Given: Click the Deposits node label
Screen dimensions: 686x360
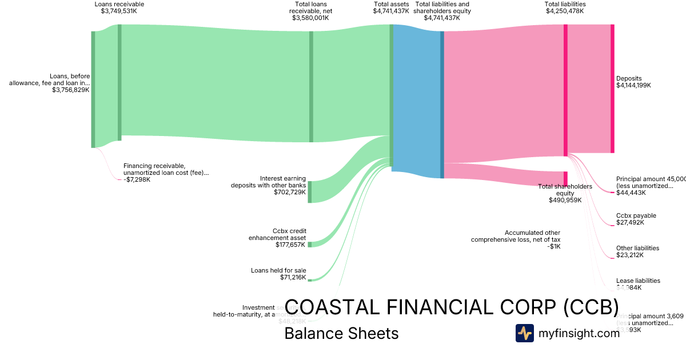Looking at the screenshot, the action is [x=629, y=78].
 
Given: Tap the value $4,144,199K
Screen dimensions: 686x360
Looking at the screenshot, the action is [x=633, y=85].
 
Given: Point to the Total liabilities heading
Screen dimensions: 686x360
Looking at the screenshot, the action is [x=565, y=4].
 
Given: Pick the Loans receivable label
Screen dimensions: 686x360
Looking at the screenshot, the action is [x=119, y=4].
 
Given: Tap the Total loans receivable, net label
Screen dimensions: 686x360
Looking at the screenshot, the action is [x=310, y=11].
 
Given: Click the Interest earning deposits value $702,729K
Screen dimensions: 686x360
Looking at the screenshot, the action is [x=290, y=192].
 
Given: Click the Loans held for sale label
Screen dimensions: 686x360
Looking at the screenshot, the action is [x=278, y=270].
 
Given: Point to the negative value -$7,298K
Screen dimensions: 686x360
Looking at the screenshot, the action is [x=137, y=179].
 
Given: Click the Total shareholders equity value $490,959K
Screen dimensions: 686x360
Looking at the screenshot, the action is [x=565, y=200].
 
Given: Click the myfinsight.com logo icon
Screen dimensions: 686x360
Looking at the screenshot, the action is [x=524, y=333].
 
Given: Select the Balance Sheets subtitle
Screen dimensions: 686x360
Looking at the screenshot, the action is [x=341, y=333].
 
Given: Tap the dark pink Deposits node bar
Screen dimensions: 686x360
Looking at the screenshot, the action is [x=612, y=89].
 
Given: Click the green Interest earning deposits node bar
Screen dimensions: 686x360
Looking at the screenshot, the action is [x=310, y=192].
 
